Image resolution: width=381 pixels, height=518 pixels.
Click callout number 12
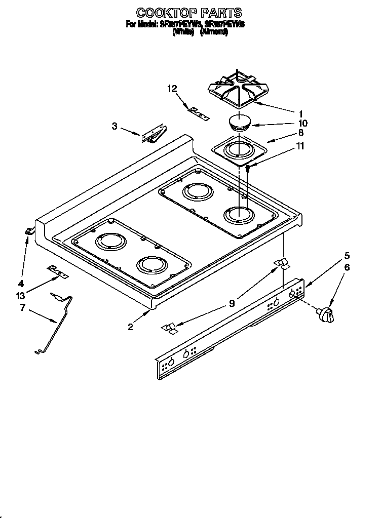click(x=172, y=89)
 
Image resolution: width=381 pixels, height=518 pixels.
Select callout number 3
click(x=115, y=127)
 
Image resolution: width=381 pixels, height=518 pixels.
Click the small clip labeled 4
click(x=29, y=231)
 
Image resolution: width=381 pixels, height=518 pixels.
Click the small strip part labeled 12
click(x=198, y=112)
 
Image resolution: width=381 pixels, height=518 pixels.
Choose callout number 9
click(x=232, y=304)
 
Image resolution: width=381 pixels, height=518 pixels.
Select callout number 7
click(x=22, y=307)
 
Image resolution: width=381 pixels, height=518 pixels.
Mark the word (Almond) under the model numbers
click(x=214, y=31)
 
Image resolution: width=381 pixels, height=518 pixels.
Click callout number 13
click(x=20, y=295)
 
